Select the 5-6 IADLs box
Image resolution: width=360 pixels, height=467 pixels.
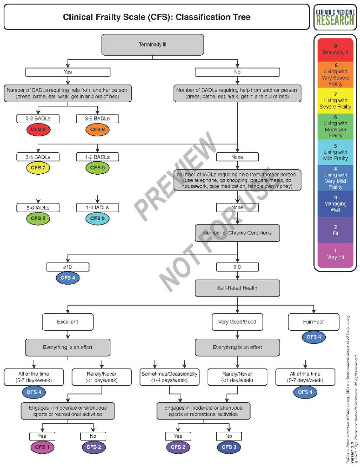[x=38, y=208]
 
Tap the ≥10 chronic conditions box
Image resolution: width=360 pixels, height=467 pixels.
[x=68, y=265]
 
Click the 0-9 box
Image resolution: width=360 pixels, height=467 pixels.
[x=237, y=265]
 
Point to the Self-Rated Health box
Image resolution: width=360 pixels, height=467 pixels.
[x=237, y=288]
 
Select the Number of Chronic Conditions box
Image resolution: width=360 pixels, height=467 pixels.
[x=237, y=233]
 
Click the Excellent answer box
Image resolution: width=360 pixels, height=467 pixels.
[x=68, y=322]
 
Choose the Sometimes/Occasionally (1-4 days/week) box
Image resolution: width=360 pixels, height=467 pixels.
[x=170, y=377]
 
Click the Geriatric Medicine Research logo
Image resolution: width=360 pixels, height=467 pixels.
[x=334, y=16]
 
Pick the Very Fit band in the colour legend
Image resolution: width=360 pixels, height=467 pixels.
[x=335, y=254]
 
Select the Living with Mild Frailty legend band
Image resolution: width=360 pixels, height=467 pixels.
[x=335, y=152]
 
